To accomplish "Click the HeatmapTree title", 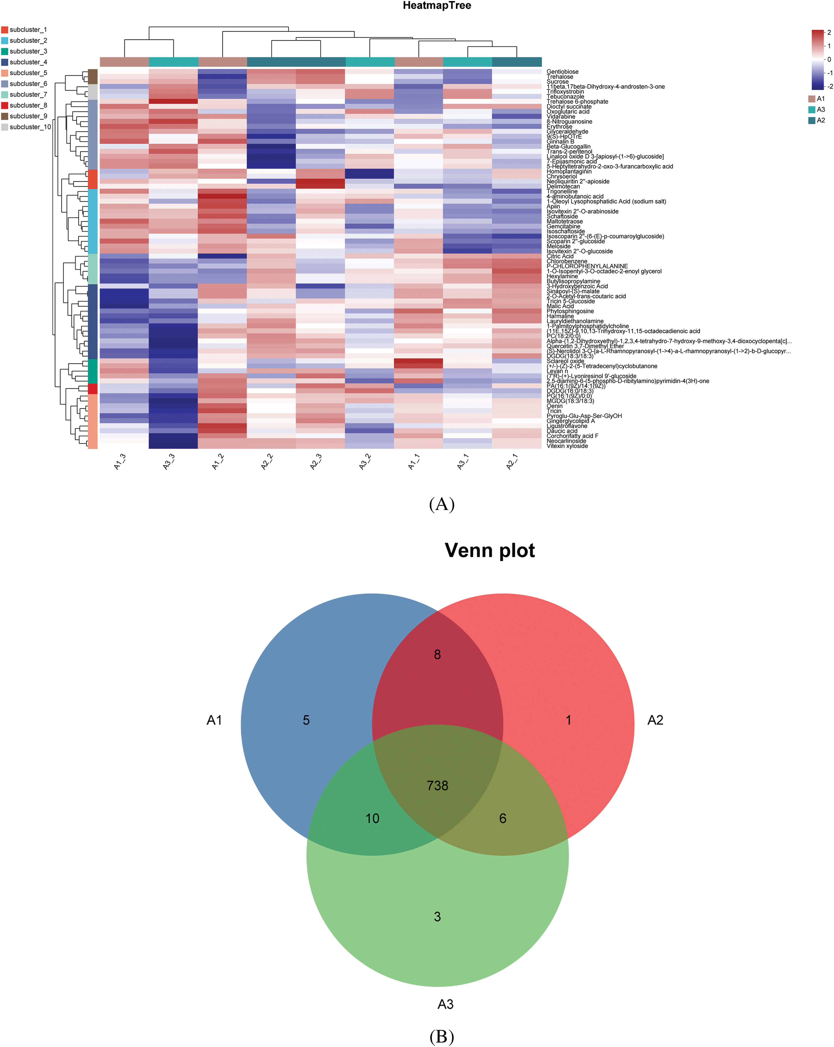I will pos(437,6).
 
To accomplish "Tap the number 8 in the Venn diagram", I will pos(437,655).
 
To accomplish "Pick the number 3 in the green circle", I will pos(437,917).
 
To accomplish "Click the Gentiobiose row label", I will pos(562,72).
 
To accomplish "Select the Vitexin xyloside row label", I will pos(567,446).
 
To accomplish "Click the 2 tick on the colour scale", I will pos(829,33).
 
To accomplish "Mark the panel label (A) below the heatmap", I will pos(442,504).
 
